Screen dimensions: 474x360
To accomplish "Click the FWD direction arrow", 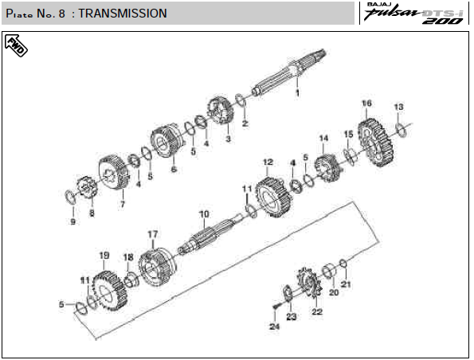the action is [16, 45].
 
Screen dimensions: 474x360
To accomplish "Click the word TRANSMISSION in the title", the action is [123, 14].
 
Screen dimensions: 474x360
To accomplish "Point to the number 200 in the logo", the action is [443, 21].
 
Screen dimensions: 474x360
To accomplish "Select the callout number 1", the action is [297, 93].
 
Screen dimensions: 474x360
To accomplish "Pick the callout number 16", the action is [366, 104].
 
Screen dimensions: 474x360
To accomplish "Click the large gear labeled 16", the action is [376, 143].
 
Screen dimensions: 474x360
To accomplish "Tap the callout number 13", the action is [399, 107].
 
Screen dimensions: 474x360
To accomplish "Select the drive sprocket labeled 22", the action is [310, 282].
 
